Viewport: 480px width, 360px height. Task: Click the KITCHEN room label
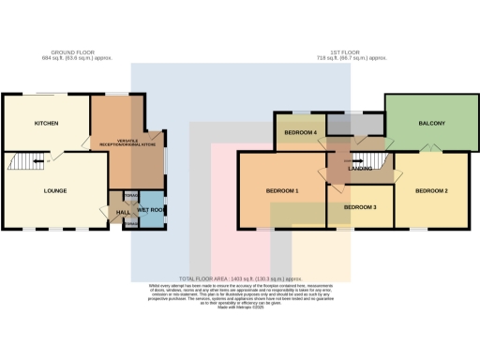pyautogui.click(x=47, y=124)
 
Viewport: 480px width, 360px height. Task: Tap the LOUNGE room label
pyautogui.click(x=55, y=190)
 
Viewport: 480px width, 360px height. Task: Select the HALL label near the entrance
pyautogui.click(x=122, y=213)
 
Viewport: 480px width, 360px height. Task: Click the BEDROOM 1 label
pyautogui.click(x=281, y=191)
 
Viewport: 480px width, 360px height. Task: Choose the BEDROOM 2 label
pyautogui.click(x=431, y=191)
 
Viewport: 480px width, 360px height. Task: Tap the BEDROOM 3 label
pyautogui.click(x=360, y=207)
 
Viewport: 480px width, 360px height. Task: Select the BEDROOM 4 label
pyautogui.click(x=300, y=133)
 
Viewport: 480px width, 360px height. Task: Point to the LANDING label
pyautogui.click(x=360, y=169)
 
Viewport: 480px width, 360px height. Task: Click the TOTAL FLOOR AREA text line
pyautogui.click(x=240, y=279)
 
